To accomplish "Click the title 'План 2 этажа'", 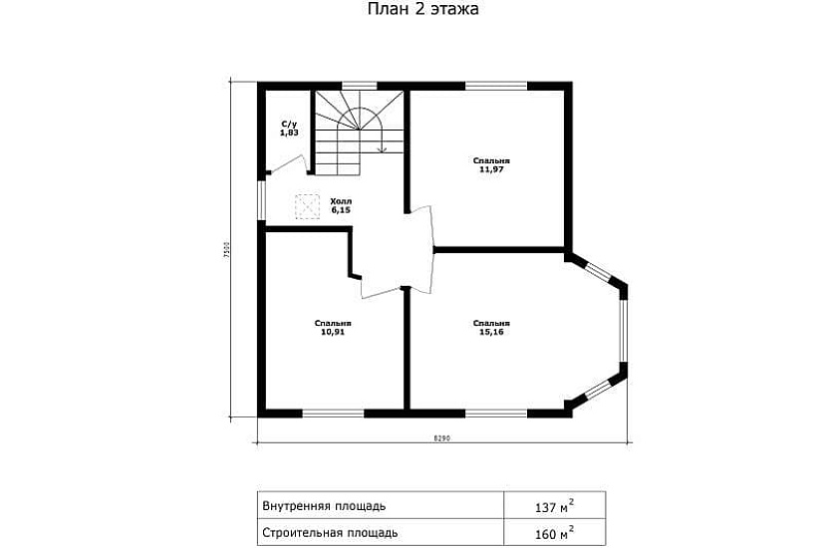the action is click(422, 9).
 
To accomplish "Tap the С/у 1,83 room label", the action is click(289, 129).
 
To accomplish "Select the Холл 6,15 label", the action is click(341, 205).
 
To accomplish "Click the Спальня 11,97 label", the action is click(491, 165).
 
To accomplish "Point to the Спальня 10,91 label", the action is click(333, 328).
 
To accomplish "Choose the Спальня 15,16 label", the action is click(491, 328).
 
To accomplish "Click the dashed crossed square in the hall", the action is click(307, 206).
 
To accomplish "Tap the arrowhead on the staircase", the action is click(383, 148).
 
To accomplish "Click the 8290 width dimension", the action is click(442, 438).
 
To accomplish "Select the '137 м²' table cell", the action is click(555, 506).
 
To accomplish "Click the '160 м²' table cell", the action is click(555, 533).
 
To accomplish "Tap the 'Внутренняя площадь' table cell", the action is click(381, 506).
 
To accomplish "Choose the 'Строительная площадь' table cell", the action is click(381, 533).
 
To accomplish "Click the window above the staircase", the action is click(360, 86).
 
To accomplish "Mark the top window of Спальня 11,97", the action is click(496, 86).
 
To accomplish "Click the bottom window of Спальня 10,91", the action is click(334, 413).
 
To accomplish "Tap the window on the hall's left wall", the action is click(262, 201).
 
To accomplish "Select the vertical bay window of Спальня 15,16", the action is click(623, 331).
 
